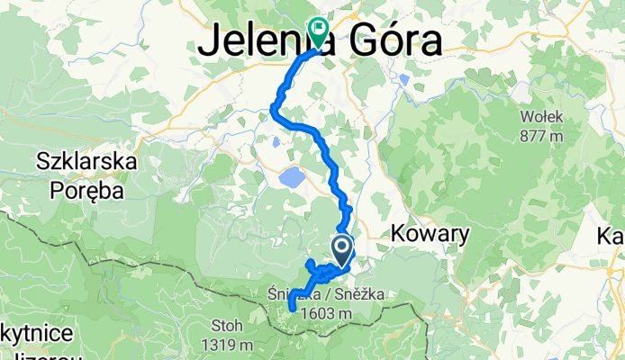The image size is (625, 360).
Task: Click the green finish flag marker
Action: tap(317, 31)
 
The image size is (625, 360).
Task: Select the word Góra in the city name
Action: tap(393, 41)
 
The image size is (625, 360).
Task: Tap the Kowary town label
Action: tap(430, 234)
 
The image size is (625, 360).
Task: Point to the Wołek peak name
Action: tap(541, 116)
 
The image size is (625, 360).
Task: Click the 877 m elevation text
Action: tap(541, 135)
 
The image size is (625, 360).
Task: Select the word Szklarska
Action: tap(86, 163)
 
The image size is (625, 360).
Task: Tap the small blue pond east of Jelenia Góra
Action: tap(404, 80)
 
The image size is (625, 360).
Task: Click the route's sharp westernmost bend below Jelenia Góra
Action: tap(273, 110)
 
